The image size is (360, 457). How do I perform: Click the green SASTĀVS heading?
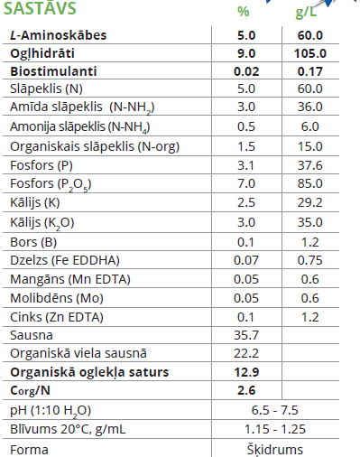pos(40,8)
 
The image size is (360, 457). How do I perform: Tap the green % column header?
pos(244,12)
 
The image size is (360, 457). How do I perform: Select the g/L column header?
pos(306,13)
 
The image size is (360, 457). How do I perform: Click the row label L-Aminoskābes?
pos(59,35)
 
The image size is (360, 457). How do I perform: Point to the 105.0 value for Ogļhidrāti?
pos(310,53)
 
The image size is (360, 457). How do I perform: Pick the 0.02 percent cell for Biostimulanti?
pos(246,71)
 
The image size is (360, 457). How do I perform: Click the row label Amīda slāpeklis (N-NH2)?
pos(82,107)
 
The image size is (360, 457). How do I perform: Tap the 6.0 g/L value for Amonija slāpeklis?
pos(310,126)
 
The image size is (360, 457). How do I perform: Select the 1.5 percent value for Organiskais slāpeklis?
pos(246,146)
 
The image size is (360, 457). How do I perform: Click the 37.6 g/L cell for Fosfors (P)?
pos(310,165)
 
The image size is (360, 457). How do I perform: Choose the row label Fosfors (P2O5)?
pos(51,184)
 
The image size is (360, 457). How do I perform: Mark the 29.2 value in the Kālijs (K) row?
pos(310,202)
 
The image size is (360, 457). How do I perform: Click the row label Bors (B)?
pos(33,242)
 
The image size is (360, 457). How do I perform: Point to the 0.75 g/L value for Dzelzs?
pos(310,260)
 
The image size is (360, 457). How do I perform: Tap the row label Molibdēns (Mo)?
pos(57,298)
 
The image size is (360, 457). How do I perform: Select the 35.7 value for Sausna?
pos(246,335)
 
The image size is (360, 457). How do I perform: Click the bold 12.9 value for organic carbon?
pos(246,372)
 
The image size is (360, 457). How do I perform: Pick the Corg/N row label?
pos(30,390)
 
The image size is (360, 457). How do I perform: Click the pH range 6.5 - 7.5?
pos(275,410)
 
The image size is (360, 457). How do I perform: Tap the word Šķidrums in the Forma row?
pos(275,449)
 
